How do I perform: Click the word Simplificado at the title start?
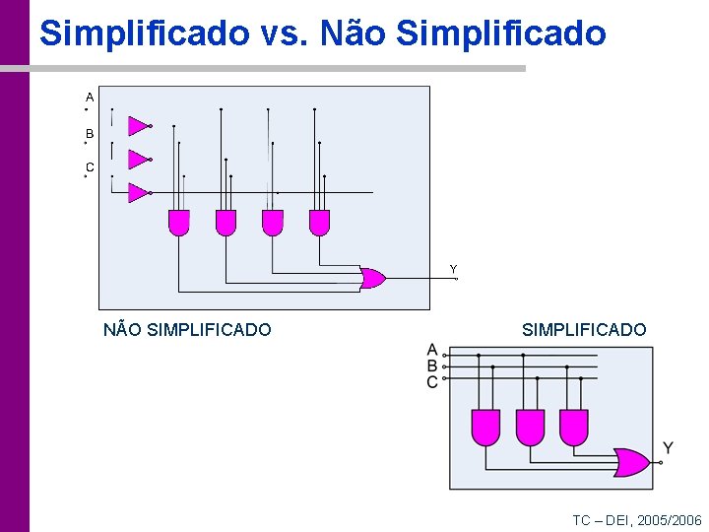pos(144,33)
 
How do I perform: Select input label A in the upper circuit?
pos(90,98)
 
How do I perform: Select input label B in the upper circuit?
pos(90,133)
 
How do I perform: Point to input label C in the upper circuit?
pos(90,167)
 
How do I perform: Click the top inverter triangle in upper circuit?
pos(138,126)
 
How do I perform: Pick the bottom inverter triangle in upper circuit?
pos(138,192)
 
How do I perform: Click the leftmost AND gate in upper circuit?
pos(178,223)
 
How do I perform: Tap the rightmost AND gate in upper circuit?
pos(319,223)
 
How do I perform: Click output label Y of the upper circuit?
pos(453,269)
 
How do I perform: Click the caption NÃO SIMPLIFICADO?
pos(187,330)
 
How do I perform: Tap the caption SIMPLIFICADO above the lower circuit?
pos(584,330)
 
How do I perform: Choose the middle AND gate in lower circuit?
pos(530,427)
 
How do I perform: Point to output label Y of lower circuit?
pos(668,448)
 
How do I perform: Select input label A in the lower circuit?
pos(432,350)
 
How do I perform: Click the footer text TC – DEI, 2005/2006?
pos(637,520)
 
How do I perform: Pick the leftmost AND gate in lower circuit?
pos(486,427)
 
